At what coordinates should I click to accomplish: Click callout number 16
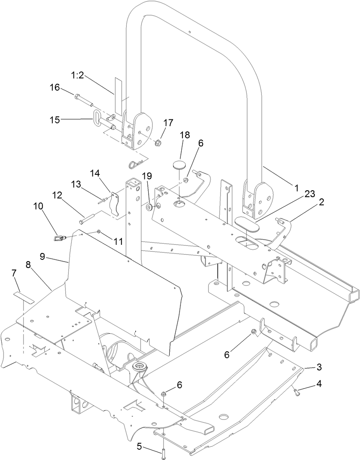click(x=55, y=88)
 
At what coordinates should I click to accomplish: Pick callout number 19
click(x=147, y=176)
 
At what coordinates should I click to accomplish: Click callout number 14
click(x=95, y=174)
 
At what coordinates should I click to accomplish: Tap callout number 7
click(x=14, y=273)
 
